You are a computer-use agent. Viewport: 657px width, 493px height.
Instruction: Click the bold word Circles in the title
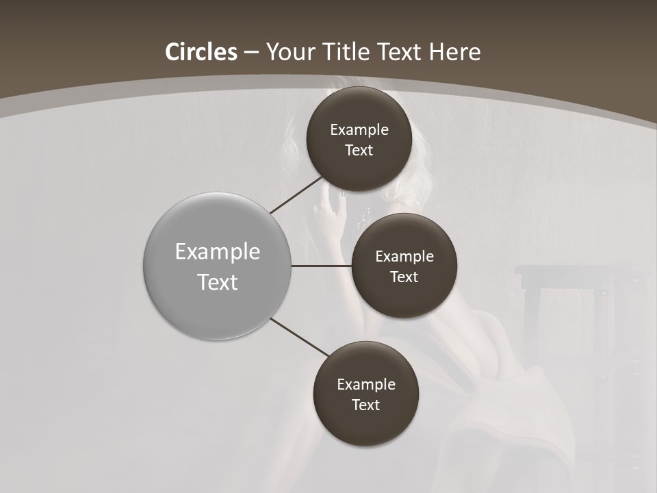[201, 52]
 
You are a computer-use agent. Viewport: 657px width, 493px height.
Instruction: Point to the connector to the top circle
[296, 194]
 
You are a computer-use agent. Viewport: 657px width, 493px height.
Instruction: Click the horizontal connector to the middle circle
[321, 265]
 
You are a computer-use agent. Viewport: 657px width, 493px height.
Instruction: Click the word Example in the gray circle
[218, 252]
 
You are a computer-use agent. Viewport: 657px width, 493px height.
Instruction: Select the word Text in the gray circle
[218, 282]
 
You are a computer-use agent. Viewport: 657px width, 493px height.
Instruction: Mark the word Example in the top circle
[359, 130]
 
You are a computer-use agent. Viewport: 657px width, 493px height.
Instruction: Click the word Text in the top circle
[359, 151]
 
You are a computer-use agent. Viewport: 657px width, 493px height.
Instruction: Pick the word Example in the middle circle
[404, 257]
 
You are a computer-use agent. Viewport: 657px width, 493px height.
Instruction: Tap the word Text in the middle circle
[404, 277]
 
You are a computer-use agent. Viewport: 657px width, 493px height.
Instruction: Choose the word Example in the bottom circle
[366, 385]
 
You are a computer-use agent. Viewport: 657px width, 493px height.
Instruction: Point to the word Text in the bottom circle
[366, 405]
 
